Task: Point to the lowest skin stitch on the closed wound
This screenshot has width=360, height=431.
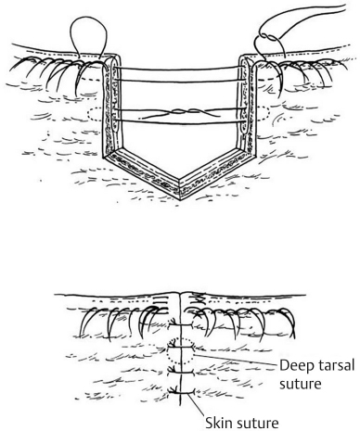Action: pos(179,397)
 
